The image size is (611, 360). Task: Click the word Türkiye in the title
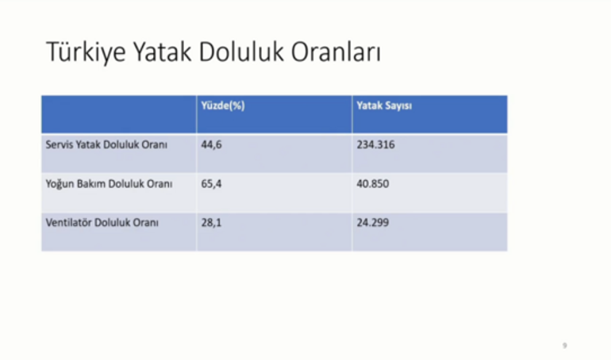[86, 52]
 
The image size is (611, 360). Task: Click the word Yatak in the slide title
[163, 52]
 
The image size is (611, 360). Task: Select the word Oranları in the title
[336, 52]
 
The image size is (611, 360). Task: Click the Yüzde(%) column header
[223, 105]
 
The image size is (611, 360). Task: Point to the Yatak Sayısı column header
[384, 106]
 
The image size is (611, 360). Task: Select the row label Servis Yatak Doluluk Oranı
[106, 145]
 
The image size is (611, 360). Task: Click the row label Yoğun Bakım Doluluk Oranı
[110, 184]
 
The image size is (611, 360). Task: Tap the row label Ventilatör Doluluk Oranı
[102, 223]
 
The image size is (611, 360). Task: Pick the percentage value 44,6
[211, 145]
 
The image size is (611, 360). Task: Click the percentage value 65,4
[211, 184]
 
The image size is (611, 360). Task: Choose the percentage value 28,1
[211, 223]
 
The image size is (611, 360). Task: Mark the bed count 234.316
[375, 145]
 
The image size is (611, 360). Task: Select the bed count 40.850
[373, 184]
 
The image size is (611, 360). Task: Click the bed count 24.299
[373, 223]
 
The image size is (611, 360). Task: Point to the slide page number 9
[565, 346]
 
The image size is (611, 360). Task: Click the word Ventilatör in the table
[68, 223]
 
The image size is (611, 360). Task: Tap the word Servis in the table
[60, 145]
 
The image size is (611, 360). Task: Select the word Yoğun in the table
[60, 184]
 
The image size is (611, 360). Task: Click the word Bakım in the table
[90, 184]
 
